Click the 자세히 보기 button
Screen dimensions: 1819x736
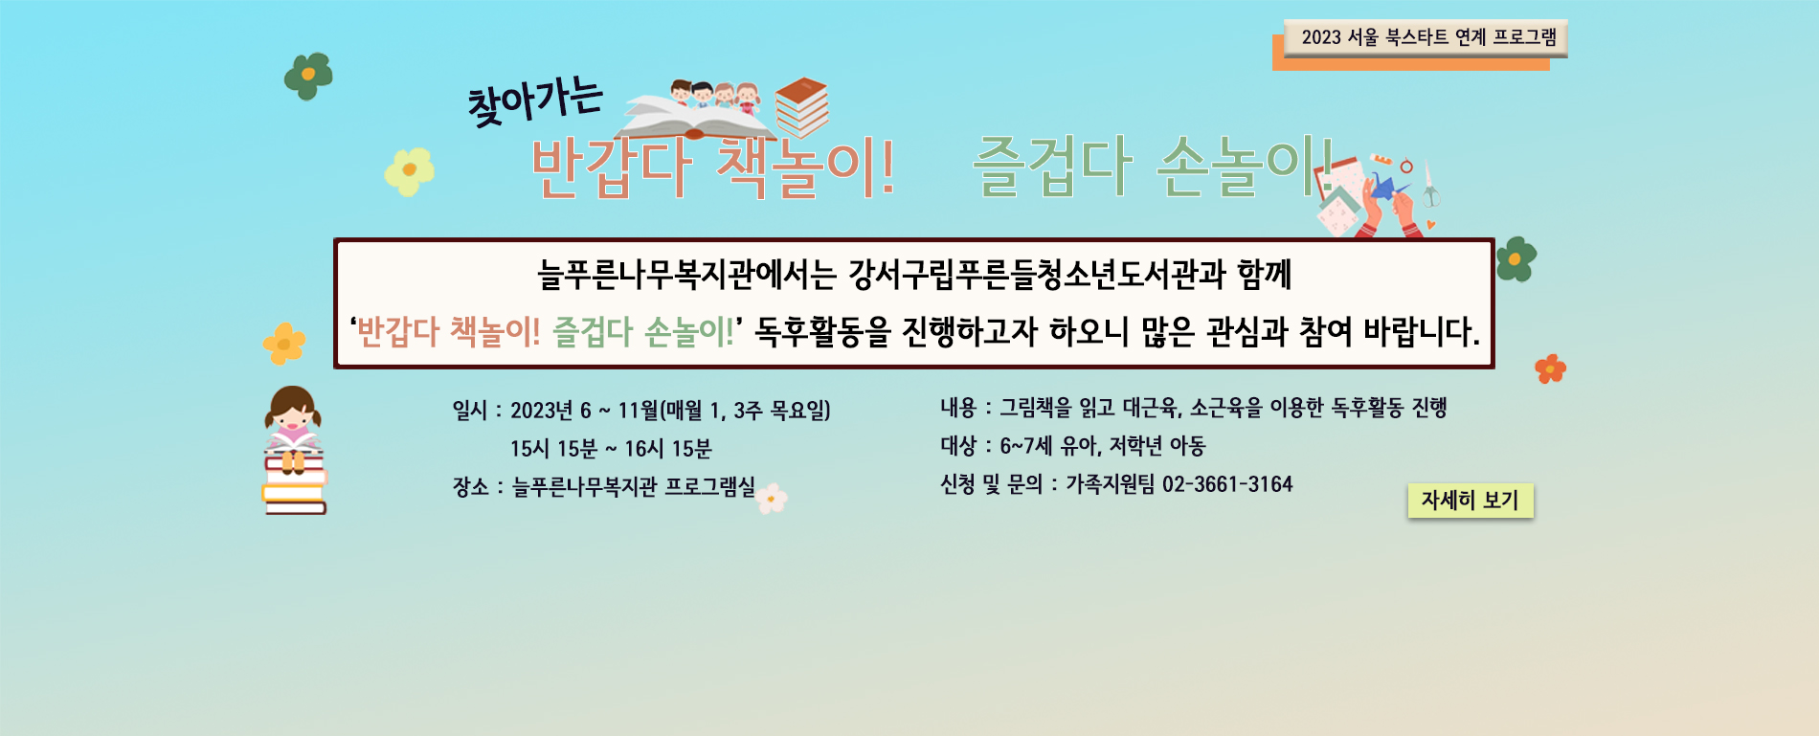pyautogui.click(x=1471, y=501)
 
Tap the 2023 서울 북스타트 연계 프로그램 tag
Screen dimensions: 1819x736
pyautogui.click(x=1426, y=38)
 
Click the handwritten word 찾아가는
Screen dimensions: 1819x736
pyautogui.click(x=535, y=102)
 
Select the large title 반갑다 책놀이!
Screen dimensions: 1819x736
pyautogui.click(x=713, y=168)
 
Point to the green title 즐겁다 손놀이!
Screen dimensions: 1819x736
pyautogui.click(x=1153, y=166)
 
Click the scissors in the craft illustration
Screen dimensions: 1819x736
pyautogui.click(x=1429, y=185)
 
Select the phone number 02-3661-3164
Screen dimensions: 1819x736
pyautogui.click(x=1227, y=484)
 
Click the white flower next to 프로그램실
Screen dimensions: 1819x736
pyautogui.click(x=772, y=498)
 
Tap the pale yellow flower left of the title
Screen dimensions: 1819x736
pyautogui.click(x=410, y=171)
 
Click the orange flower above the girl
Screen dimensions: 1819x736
pyautogui.click(x=284, y=344)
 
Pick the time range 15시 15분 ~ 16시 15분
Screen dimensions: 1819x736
pyautogui.click(x=611, y=449)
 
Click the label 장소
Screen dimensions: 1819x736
pyautogui.click(x=471, y=487)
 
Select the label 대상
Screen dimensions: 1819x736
pyautogui.click(x=958, y=446)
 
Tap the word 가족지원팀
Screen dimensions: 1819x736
pyautogui.click(x=1111, y=484)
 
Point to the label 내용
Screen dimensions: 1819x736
pyautogui.click(x=958, y=408)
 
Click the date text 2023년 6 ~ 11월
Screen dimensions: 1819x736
pyautogui.click(x=584, y=411)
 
